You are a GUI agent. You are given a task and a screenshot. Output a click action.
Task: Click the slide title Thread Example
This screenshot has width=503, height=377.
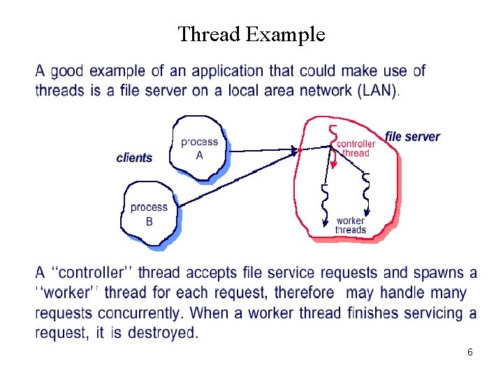[x=251, y=34]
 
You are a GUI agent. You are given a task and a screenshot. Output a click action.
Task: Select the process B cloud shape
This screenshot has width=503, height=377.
[x=149, y=214]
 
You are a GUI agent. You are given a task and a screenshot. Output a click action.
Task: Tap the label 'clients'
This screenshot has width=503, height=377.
[x=134, y=158]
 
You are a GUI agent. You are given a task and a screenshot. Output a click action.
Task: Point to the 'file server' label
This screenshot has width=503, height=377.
[x=413, y=136]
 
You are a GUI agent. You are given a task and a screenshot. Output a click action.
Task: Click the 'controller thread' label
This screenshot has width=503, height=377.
[x=356, y=149]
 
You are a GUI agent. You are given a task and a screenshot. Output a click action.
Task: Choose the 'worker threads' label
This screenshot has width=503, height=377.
[x=350, y=226]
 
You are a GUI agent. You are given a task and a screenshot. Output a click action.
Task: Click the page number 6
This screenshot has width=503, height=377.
[x=470, y=353]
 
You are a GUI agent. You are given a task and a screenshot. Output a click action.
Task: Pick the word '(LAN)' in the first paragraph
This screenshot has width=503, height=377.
[x=377, y=90]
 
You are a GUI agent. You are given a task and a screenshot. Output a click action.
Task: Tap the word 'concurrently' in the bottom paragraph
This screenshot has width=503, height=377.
[x=133, y=313]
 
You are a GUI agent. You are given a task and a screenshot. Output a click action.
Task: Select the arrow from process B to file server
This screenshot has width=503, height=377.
[x=238, y=179]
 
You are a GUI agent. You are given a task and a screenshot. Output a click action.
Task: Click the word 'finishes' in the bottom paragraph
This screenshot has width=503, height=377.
[x=376, y=313]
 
